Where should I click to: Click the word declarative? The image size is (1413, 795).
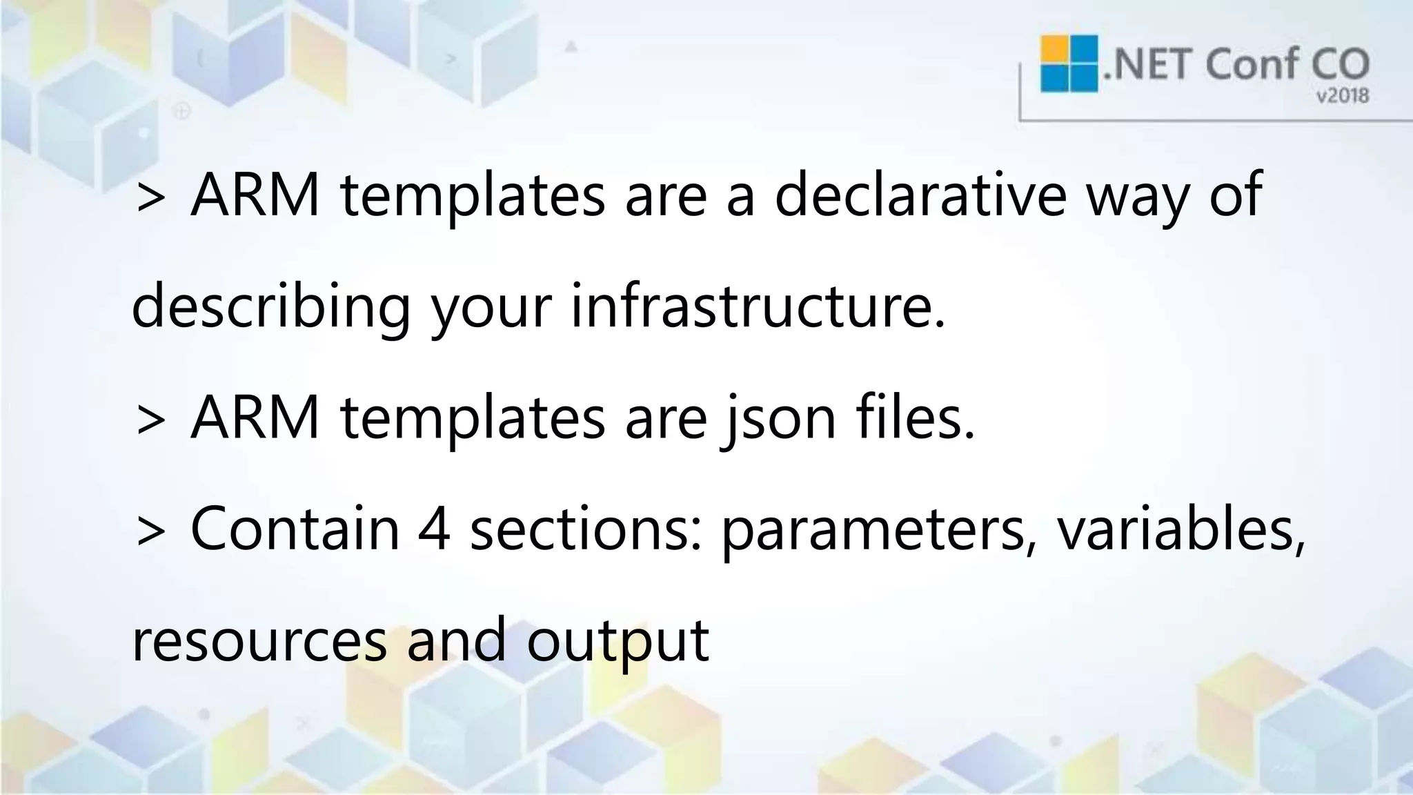pyautogui.click(x=920, y=196)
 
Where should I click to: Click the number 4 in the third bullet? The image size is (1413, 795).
pyautogui.click(x=435, y=529)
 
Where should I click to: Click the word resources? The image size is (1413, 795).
pyautogui.click(x=259, y=640)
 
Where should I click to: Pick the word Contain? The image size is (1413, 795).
pyautogui.click(x=295, y=529)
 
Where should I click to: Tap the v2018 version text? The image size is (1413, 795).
pyautogui.click(x=1342, y=96)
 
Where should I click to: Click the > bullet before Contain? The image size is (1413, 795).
pyautogui.click(x=150, y=532)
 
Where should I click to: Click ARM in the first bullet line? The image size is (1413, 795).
pyautogui.click(x=255, y=196)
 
